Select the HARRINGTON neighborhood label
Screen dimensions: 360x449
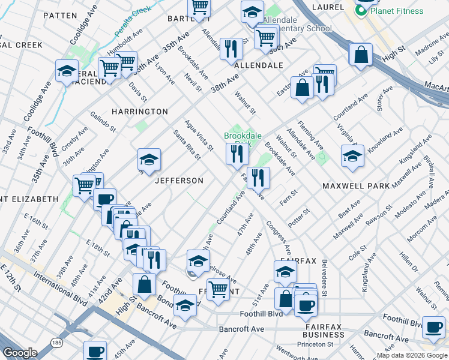pyautogui.click(x=139, y=112)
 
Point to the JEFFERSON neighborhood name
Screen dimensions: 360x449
pyautogui.click(x=179, y=181)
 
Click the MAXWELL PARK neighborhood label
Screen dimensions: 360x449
pyautogui.click(x=356, y=186)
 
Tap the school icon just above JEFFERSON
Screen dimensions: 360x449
pyautogui.click(x=149, y=160)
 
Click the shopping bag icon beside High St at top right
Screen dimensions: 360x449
pyautogui.click(x=361, y=55)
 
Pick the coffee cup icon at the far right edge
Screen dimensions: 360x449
pyautogui.click(x=433, y=328)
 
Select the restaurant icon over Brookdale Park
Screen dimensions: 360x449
pyautogui.click(x=237, y=154)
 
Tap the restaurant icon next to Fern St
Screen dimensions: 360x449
pyautogui.click(x=259, y=177)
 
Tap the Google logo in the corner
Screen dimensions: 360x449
pyautogui.click(x=20, y=353)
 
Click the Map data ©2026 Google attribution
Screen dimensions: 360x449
pyautogui.click(x=411, y=355)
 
